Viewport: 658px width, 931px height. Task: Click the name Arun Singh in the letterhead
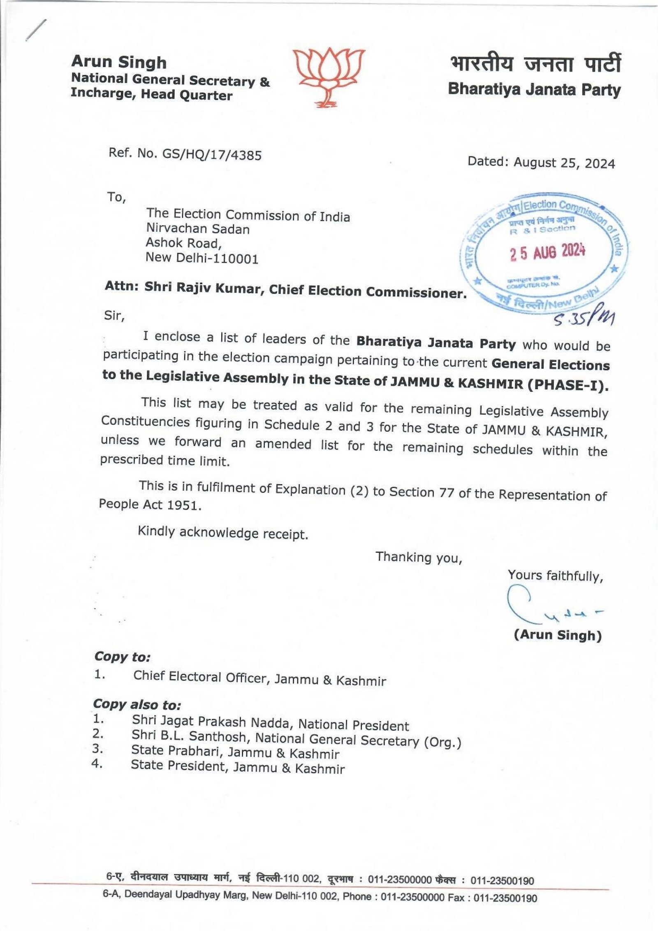[119, 62]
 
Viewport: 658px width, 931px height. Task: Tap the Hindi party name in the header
[535, 65]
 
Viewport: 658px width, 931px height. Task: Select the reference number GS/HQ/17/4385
[212, 154]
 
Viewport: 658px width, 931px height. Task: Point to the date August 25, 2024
[564, 163]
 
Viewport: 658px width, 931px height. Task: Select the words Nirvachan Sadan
[198, 228]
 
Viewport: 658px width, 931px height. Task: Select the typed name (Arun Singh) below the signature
[558, 635]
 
